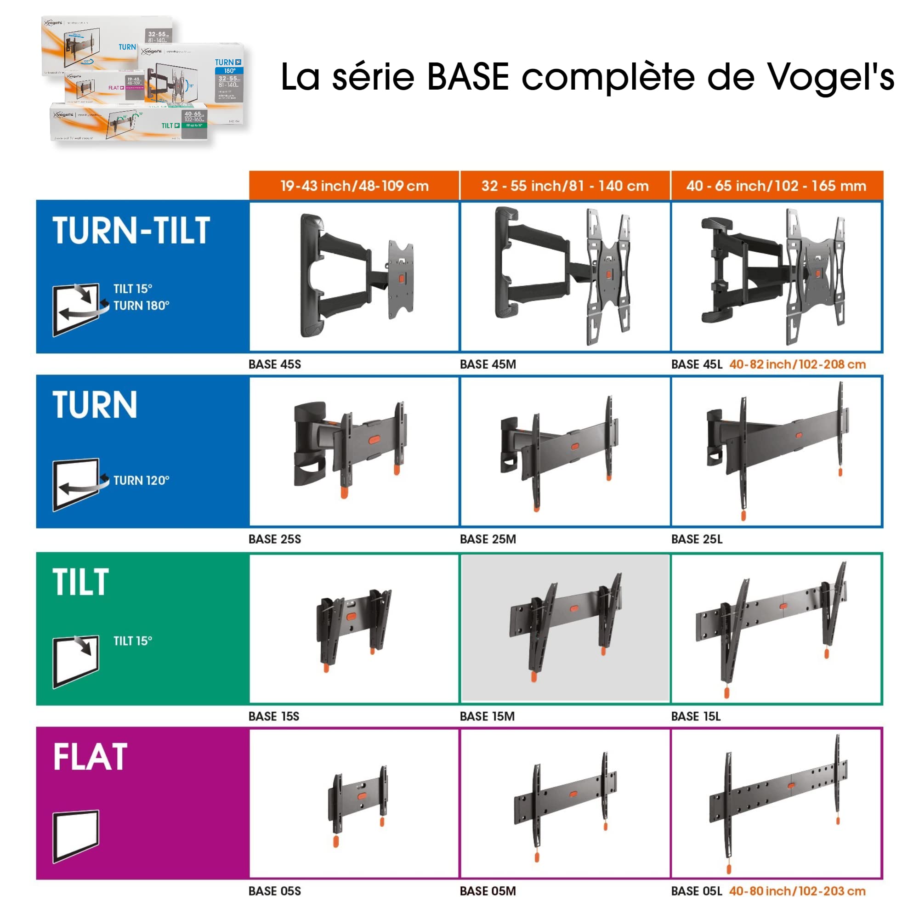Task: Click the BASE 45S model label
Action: [274, 364]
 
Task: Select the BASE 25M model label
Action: [488, 539]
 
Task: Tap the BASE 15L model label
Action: [695, 716]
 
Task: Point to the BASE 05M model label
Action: [488, 891]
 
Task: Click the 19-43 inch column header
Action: [354, 186]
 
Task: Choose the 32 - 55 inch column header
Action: [565, 186]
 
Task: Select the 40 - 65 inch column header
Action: [776, 186]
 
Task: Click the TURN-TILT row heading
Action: [131, 231]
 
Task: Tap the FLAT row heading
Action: [90, 757]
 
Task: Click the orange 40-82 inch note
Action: [797, 364]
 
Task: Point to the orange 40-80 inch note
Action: [797, 891]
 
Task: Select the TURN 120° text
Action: [141, 481]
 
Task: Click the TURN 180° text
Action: [141, 306]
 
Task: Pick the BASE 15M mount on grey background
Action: [565, 627]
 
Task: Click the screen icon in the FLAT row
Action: [76, 836]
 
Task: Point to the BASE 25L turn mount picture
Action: [777, 449]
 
